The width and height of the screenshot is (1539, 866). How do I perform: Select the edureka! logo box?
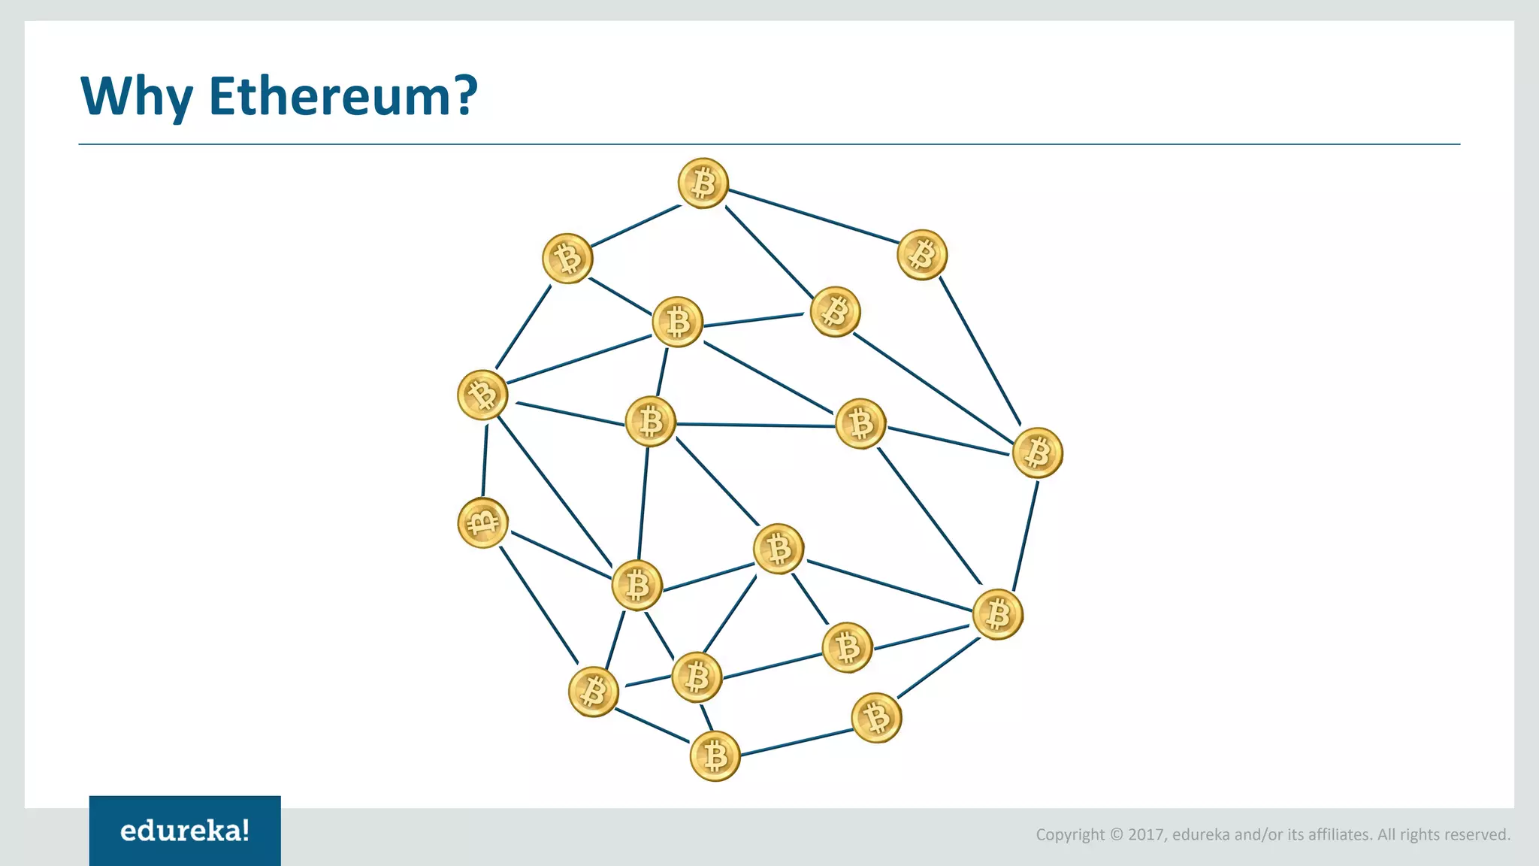pyautogui.click(x=185, y=831)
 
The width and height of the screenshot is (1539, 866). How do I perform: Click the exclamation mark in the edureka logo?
pyautogui.click(x=246, y=830)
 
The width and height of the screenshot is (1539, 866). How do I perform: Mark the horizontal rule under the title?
pyautogui.click(x=769, y=144)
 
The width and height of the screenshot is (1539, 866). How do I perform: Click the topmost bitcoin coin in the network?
pyautogui.click(x=703, y=183)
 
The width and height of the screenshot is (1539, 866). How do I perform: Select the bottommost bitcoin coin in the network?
pyautogui.click(x=715, y=756)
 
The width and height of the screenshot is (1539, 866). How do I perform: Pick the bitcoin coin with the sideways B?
pyautogui.click(x=482, y=522)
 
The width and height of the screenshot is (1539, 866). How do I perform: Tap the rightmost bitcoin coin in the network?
pyautogui.click(x=1038, y=453)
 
